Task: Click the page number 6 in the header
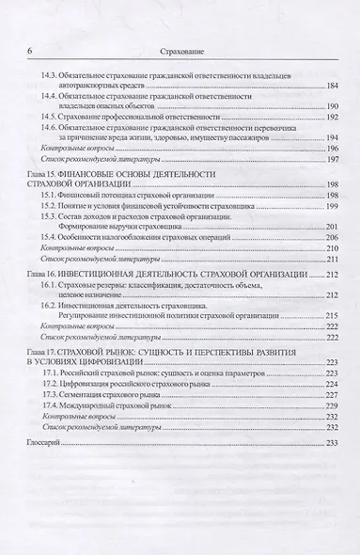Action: [x=32, y=52]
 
